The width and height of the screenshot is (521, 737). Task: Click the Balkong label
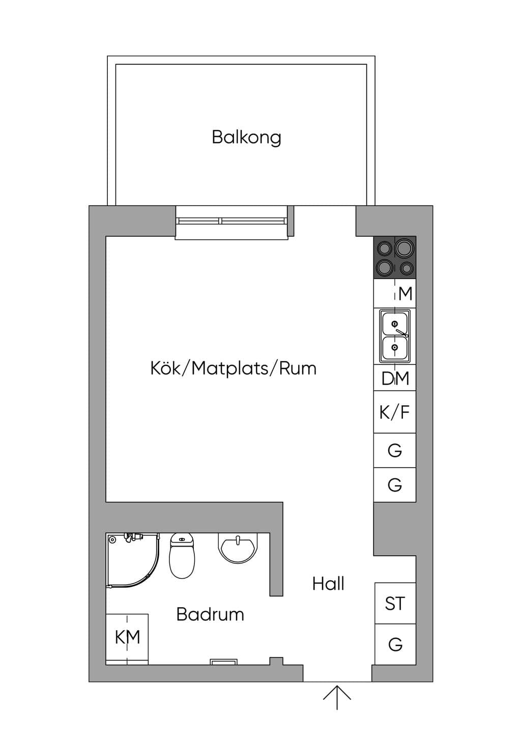click(246, 137)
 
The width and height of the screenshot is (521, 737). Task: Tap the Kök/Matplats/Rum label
click(233, 368)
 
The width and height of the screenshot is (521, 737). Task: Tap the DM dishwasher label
click(395, 378)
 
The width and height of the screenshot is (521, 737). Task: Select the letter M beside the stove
click(405, 294)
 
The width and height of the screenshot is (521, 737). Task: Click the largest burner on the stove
click(404, 248)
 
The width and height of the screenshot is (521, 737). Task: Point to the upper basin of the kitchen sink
click(394, 324)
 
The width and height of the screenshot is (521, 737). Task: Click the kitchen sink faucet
click(402, 332)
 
